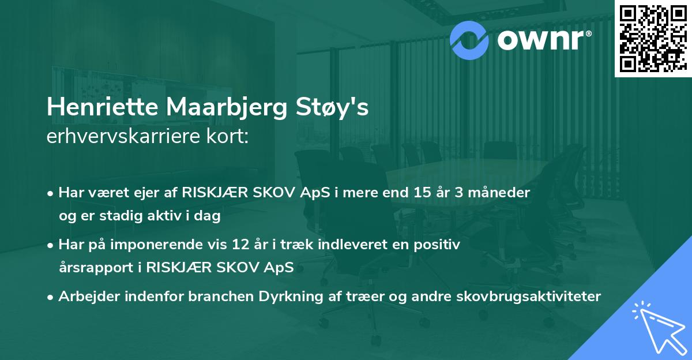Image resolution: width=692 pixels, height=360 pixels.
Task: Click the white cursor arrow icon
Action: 657,329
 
